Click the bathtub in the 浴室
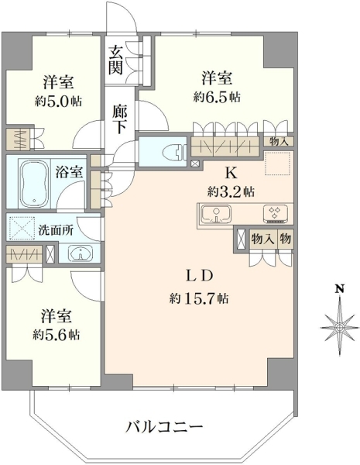point(34,184)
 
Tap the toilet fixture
point(174,152)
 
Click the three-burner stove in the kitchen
point(276,214)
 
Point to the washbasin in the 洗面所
point(81,253)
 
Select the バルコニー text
point(164,427)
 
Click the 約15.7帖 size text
point(199,298)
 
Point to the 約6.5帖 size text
point(217,97)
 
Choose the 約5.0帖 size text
point(58,102)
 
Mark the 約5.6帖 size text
point(57,335)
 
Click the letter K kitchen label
point(231,174)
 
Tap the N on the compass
point(340,289)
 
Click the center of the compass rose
point(340,327)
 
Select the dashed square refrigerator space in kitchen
point(278,163)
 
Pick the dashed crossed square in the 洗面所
point(21,229)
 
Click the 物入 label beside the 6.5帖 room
point(278,142)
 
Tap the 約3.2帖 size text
point(231,192)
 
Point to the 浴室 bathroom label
point(69,172)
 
